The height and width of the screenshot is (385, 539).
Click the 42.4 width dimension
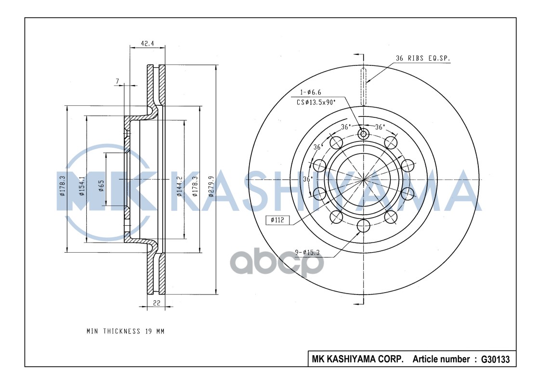(x=147, y=43)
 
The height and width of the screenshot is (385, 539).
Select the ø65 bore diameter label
(x=101, y=185)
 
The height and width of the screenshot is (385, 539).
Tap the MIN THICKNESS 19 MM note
(x=125, y=331)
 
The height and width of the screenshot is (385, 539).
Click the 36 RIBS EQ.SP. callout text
(x=423, y=58)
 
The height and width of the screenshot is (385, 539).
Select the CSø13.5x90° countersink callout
(x=316, y=102)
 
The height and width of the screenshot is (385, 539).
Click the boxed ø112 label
(x=278, y=220)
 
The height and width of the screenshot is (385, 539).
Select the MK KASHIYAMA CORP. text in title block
(x=357, y=359)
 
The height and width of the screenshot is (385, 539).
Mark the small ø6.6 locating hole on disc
(x=363, y=133)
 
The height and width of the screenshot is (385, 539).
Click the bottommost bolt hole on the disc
(x=363, y=225)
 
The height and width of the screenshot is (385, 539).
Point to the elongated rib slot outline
(x=364, y=87)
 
